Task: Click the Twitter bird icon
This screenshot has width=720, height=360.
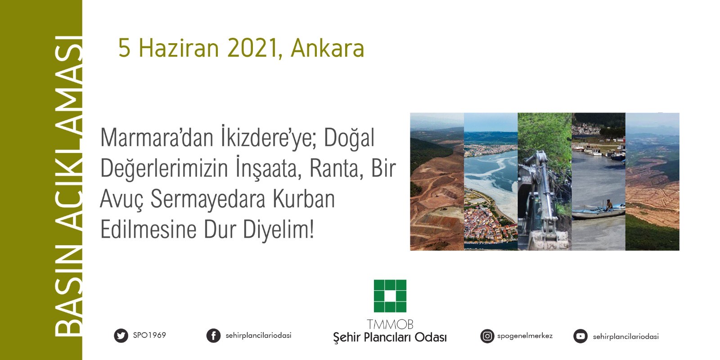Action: (121, 336)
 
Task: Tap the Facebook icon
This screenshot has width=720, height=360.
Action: (213, 336)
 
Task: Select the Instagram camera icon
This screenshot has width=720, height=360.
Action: (487, 336)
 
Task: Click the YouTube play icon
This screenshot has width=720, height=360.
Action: (580, 336)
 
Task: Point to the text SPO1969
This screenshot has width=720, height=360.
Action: (149, 335)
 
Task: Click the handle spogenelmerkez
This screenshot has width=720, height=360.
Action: (525, 336)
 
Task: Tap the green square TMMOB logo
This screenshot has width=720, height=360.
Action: (390, 296)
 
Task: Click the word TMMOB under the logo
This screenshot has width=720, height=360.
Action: (390, 324)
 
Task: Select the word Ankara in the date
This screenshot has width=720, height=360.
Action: (327, 48)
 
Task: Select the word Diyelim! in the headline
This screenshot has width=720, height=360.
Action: (278, 230)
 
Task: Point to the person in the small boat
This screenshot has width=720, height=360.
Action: (609, 205)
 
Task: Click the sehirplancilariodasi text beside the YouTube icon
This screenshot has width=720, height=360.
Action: (625, 337)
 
